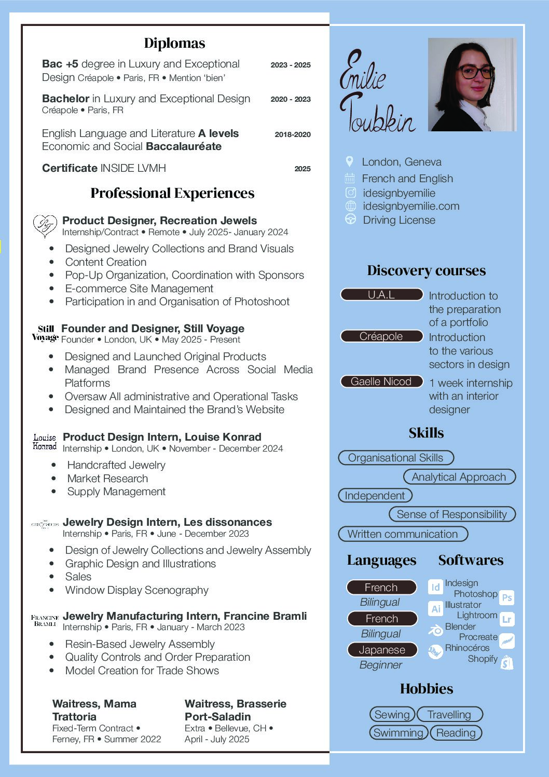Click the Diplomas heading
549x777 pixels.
[x=174, y=43]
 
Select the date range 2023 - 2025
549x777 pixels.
[x=290, y=65]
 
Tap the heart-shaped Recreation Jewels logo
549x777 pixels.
[x=45, y=226]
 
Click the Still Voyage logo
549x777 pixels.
[x=45, y=333]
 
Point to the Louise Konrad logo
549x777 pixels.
[x=45, y=442]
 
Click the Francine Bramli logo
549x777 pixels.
[x=45, y=620]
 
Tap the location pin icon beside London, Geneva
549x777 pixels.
[x=349, y=161]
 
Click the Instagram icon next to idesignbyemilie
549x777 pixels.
[x=350, y=193]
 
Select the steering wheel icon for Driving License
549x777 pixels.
[x=350, y=219]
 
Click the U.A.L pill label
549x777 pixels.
[x=381, y=295]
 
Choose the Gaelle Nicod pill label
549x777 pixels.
[x=381, y=381]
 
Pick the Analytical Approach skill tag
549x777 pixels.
[x=459, y=477]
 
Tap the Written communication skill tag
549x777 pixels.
[x=403, y=534]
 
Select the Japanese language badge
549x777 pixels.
[x=382, y=650]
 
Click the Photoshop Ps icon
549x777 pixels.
[x=507, y=597]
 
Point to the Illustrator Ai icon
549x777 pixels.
[x=435, y=608]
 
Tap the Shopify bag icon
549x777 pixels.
[x=507, y=663]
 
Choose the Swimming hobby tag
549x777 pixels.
[x=398, y=733]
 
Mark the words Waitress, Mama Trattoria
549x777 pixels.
[x=94, y=710]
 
